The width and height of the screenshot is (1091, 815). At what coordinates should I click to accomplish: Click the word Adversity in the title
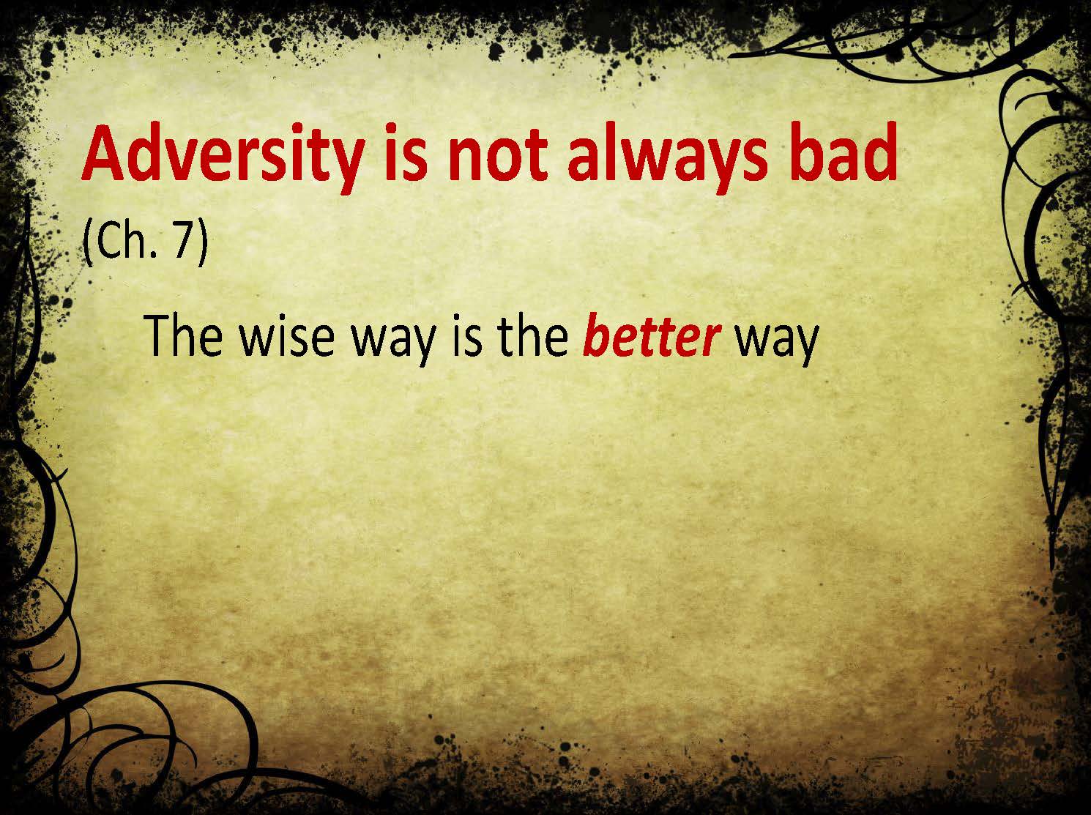223,153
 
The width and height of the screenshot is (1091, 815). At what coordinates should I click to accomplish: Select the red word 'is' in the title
406,151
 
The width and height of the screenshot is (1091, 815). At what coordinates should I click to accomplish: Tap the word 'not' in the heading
497,154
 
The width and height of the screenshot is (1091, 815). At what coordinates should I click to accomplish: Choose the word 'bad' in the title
844,151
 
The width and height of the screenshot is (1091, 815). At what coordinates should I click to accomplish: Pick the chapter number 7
182,240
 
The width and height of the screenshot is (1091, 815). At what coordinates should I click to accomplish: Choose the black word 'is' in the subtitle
467,336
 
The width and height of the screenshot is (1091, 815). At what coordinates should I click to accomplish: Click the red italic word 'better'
651,336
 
